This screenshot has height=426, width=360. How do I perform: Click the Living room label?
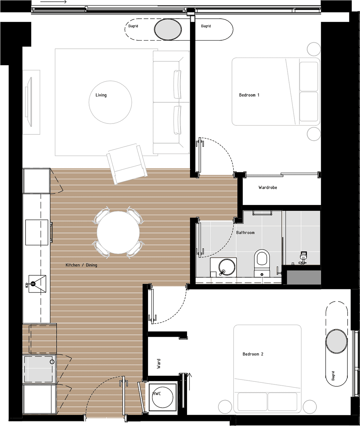(x=101, y=95)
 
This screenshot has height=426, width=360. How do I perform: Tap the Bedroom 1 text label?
(x=249, y=95)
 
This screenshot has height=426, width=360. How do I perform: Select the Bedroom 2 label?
(x=253, y=354)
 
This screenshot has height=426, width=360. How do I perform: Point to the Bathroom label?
(x=245, y=233)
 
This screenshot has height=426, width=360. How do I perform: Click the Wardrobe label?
(x=268, y=187)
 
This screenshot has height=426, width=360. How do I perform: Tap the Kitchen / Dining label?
(x=82, y=265)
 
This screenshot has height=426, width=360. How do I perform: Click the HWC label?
(x=157, y=394)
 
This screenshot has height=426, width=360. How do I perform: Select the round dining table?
(x=118, y=233)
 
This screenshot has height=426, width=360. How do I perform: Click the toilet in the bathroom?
(x=262, y=263)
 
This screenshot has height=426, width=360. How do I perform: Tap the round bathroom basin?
(x=227, y=267)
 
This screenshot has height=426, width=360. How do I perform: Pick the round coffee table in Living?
(x=110, y=102)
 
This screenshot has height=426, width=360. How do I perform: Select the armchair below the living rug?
(x=127, y=164)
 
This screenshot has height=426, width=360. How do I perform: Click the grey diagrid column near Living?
(x=168, y=29)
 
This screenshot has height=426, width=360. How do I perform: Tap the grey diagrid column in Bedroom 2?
(x=336, y=342)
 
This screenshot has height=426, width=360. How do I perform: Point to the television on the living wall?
(x=29, y=102)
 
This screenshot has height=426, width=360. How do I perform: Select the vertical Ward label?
(x=158, y=363)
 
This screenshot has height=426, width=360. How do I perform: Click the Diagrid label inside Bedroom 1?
(x=206, y=26)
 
